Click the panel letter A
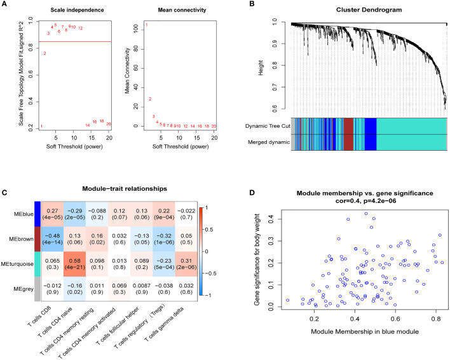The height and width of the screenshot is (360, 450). coord(5,5)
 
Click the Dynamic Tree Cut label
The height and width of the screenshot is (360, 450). coord(266,126)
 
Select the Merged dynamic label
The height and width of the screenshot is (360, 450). coord(268,141)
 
